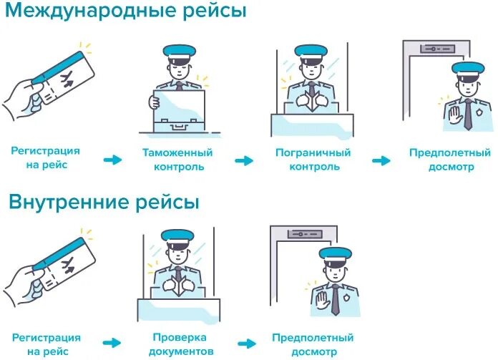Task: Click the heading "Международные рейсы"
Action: [x=127, y=12]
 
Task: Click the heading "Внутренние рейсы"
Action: [x=104, y=202]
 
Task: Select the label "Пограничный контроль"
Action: [x=313, y=160]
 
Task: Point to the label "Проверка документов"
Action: [x=179, y=344]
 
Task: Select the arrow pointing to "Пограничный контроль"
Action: [x=244, y=160]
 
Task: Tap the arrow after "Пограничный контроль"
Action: [x=381, y=160]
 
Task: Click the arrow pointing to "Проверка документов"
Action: [x=112, y=344]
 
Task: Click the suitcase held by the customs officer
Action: [x=177, y=111]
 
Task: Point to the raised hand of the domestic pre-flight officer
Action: [x=320, y=299]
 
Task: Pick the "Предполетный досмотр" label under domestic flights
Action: [x=313, y=344]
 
